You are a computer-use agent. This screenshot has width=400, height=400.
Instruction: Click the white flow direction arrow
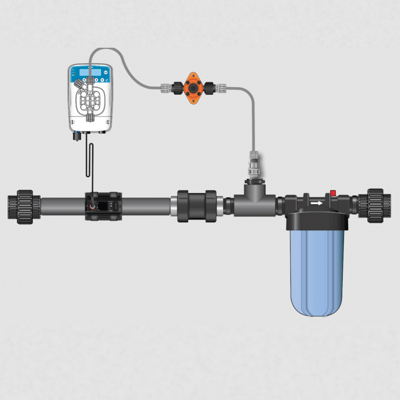click(316, 203)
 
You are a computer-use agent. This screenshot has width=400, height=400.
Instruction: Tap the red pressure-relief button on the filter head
click(333, 193)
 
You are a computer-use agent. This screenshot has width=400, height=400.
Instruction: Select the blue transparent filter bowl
click(317, 273)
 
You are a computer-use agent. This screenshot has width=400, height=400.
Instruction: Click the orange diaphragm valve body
click(193, 88)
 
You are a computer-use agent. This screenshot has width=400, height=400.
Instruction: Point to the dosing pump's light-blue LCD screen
click(90, 72)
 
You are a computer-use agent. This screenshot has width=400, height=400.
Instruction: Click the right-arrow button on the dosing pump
click(102, 80)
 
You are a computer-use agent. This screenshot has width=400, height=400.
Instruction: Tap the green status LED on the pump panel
click(73, 70)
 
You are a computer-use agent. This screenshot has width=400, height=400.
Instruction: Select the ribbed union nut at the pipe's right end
click(376, 206)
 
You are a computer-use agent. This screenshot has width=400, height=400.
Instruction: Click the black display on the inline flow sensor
click(103, 206)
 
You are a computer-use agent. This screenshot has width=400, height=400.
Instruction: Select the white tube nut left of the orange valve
click(167, 88)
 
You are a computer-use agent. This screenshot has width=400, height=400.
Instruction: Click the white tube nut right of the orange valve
click(221, 88)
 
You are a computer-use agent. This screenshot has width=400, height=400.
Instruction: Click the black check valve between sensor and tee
click(197, 206)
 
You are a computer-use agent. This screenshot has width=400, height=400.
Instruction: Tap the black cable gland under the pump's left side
click(77, 136)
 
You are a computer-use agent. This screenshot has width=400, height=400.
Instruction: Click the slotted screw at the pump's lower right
click(108, 122)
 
